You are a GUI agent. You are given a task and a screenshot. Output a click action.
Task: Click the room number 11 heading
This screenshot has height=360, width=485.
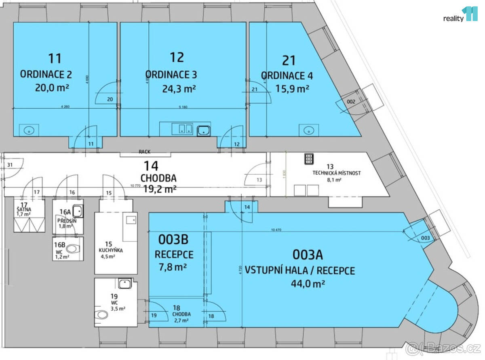click(55, 58)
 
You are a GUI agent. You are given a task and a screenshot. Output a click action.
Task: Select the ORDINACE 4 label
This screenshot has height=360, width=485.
click(287, 76)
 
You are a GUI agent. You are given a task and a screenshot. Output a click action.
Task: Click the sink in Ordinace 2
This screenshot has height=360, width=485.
click(29, 130)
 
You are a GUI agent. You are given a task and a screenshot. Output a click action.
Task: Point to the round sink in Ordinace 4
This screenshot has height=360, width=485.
click(309, 130)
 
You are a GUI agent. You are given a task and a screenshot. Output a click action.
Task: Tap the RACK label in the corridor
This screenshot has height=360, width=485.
click(144, 152)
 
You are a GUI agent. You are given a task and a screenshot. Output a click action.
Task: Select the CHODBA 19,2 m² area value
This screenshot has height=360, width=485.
click(160, 188)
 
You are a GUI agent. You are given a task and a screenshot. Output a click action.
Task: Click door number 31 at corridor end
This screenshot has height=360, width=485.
click(10, 164)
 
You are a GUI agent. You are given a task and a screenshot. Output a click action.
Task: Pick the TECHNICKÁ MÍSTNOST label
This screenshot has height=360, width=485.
click(336, 173)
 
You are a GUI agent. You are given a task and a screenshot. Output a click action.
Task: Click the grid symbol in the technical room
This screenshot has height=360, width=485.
click(309, 159)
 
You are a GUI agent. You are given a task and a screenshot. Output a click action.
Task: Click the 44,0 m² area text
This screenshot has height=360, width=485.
click(308, 283)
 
